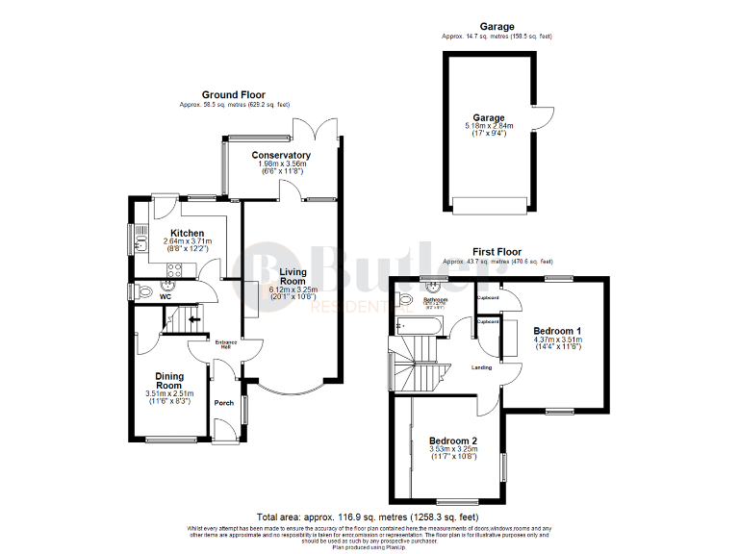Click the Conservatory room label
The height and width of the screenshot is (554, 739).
pyautogui.click(x=281, y=155)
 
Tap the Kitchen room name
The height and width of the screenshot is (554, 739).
pyautogui.click(x=187, y=233)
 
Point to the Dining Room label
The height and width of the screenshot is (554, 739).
pyautogui.click(x=169, y=381)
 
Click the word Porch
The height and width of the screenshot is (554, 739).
pyautogui.click(x=224, y=403)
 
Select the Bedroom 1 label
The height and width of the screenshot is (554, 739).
pyautogui.click(x=558, y=331)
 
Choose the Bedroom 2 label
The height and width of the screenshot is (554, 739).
pyautogui.click(x=452, y=441)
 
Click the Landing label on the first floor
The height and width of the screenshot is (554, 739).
pyautogui.click(x=482, y=367)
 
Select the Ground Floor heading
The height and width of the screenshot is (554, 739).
pyautogui.click(x=233, y=95)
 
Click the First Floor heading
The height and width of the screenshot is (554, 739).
pyautogui.click(x=496, y=252)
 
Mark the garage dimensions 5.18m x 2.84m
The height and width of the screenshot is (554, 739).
pyautogui.click(x=488, y=125)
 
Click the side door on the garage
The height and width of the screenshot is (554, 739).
pyautogui.click(x=545, y=117)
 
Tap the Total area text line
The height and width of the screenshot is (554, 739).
pyautogui.click(x=369, y=516)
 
